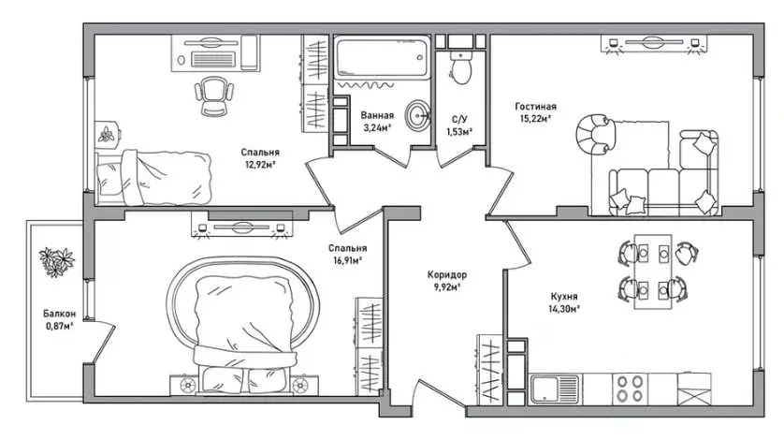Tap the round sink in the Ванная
click(x=416, y=116)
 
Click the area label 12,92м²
click(x=260, y=164)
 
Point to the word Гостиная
click(x=535, y=106)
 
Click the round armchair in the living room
click(x=596, y=134)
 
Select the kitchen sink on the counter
click(x=555, y=389)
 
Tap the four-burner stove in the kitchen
click(x=630, y=389)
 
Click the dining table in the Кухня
click(x=653, y=271)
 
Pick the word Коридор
click(x=447, y=274)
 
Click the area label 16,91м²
click(x=345, y=260)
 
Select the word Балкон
click(x=60, y=314)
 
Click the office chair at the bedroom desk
click(x=213, y=95)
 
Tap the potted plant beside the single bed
click(x=107, y=134)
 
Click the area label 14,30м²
click(x=564, y=309)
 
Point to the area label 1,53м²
click(x=459, y=132)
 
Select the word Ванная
click(x=378, y=116)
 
